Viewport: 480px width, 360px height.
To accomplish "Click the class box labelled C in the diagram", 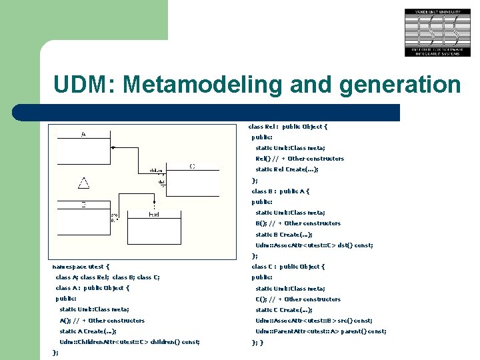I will pos(192,177).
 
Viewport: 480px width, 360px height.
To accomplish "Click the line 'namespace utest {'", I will pos(81,267).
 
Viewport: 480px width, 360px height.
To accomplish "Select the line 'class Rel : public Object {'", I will pos(288,127).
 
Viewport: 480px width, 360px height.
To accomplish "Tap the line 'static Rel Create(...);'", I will pos(287,169).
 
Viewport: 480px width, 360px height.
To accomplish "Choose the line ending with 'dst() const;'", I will pos(314,245).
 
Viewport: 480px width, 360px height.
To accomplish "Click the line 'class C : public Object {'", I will pos(288,267).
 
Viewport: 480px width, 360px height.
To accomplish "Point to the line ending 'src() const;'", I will pos(313,321).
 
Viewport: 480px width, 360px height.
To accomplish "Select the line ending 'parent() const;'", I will pos(321,331).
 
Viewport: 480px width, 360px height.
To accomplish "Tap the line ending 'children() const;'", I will pos(129,342).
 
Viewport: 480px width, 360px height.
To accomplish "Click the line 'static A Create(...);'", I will pos(88,331).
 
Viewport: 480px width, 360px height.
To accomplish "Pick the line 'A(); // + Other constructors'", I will pos(102,321).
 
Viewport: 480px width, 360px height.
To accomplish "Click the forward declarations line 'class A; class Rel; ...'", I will pos(107,277).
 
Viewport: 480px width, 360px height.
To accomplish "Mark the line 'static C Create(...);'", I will pos(283,310).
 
